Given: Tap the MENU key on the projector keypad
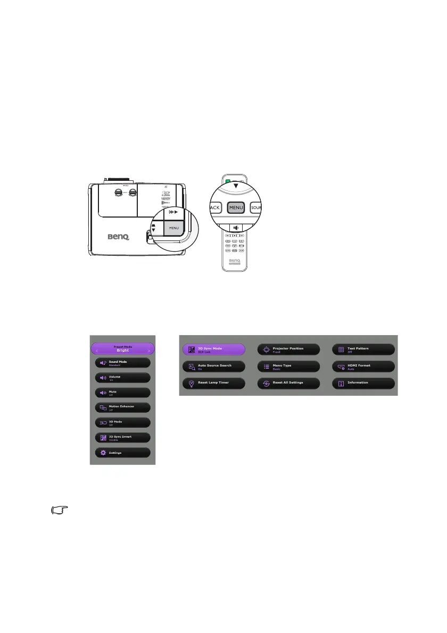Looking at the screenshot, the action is (174, 228).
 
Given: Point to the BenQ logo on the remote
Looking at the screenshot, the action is (235, 261).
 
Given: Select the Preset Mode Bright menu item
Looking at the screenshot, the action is (123, 349).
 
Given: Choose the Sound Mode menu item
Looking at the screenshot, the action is (123, 363).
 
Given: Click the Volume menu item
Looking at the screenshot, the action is (123, 378).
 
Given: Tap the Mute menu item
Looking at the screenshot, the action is (123, 393).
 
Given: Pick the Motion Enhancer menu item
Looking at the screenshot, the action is (123, 407).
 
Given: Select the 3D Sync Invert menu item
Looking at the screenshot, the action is (123, 437).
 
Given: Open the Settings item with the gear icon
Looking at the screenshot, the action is (123, 453).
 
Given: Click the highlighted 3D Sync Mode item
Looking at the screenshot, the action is (214, 349).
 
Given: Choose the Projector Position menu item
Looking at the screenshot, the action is (288, 349).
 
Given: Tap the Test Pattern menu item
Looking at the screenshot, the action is (363, 349).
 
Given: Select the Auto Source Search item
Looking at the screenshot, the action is (214, 367).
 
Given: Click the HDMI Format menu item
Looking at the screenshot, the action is (363, 367).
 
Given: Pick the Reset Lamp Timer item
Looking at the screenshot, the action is (214, 383).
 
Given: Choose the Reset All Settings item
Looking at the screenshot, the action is (288, 383).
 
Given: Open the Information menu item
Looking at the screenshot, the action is (363, 383).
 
